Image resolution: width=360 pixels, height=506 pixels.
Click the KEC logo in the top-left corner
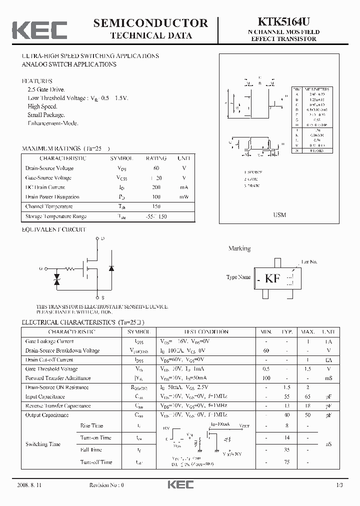[x=39, y=29]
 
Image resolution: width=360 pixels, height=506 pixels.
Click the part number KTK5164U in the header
[x=283, y=22]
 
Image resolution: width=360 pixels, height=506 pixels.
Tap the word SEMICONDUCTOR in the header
[x=150, y=23]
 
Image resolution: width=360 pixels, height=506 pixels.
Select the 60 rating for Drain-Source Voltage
[x=156, y=168]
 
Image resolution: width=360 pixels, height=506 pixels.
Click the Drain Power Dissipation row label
[x=52, y=197]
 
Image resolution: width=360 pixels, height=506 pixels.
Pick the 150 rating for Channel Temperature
[x=156, y=206]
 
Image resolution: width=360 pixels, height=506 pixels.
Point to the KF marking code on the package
[x=272, y=279]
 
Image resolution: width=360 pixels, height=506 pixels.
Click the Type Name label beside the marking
[x=238, y=277]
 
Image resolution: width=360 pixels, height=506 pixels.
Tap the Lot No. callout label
[x=309, y=261]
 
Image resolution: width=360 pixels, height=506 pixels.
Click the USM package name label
[x=279, y=215]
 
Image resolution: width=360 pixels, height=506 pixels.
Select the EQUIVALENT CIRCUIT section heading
[x=54, y=229]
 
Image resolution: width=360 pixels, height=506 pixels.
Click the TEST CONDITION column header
[x=206, y=332]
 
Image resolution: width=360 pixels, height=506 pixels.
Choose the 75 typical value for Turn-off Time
[x=286, y=462]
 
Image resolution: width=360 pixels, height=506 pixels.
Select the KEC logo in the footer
[x=180, y=485]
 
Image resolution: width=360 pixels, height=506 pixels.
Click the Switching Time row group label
[x=43, y=444]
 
